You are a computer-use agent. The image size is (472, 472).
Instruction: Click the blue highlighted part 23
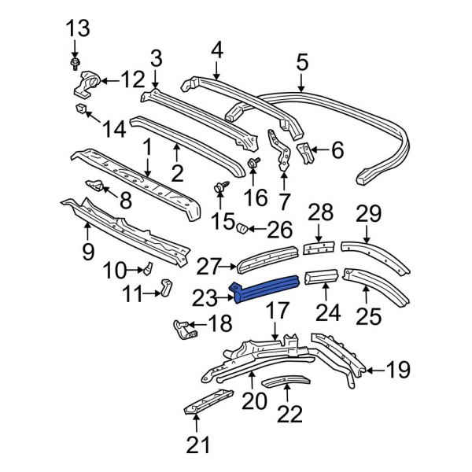click(x=264, y=288)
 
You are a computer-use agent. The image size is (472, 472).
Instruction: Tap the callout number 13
click(x=78, y=28)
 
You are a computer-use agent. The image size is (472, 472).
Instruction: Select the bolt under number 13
click(x=75, y=64)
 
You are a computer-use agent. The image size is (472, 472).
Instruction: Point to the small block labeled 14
click(x=81, y=109)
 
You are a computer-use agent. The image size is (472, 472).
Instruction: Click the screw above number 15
click(x=222, y=186)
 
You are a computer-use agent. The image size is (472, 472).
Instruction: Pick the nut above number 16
click(x=253, y=163)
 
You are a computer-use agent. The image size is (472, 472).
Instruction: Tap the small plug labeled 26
click(x=242, y=228)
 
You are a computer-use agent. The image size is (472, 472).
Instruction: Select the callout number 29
click(x=368, y=214)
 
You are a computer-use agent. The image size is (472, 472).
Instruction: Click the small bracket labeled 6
click(x=305, y=153)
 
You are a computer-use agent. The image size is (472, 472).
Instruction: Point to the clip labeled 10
click(x=148, y=268)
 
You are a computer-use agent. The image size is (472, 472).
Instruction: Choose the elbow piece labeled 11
click(x=166, y=287)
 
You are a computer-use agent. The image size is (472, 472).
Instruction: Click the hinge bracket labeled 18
click(x=185, y=330)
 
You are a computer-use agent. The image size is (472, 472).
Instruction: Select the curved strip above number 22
click(x=286, y=381)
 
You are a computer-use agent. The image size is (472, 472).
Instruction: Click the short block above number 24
click(x=321, y=276)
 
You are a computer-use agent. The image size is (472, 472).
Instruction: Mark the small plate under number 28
click(x=319, y=248)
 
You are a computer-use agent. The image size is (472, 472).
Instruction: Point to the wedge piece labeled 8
click(x=94, y=186)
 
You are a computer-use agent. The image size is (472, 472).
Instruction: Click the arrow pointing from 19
click(x=374, y=371)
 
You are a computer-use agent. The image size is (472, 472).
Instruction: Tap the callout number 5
click(x=302, y=62)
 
